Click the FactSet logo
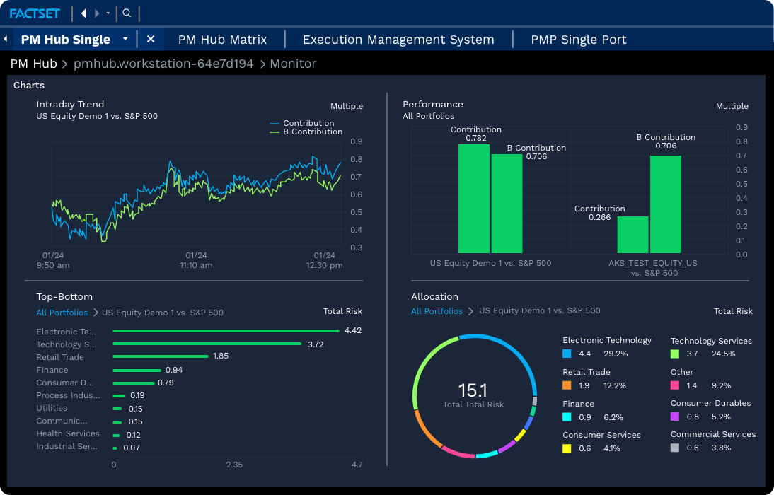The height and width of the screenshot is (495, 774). pyautogui.click(x=35, y=13)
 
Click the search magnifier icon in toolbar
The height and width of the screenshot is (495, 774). pyautogui.click(x=127, y=13)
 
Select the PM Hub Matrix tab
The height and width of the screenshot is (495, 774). pyautogui.click(x=222, y=40)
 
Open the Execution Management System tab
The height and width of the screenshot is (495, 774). pyautogui.click(x=398, y=40)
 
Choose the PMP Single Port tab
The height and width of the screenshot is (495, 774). pyautogui.click(x=579, y=40)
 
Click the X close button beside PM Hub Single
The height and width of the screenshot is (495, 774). pyautogui.click(x=151, y=40)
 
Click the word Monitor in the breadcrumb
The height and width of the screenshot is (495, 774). pyautogui.click(x=293, y=64)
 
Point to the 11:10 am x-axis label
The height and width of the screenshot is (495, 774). pyautogui.click(x=196, y=265)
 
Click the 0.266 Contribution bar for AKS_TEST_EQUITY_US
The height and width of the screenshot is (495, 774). pyautogui.click(x=633, y=235)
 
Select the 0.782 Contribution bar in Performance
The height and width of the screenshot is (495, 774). pyautogui.click(x=473, y=199)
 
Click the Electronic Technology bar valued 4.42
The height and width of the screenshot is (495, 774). pyautogui.click(x=226, y=331)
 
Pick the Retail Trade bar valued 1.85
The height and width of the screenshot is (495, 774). pyautogui.click(x=161, y=356)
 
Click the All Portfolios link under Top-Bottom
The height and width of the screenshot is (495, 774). pyautogui.click(x=62, y=313)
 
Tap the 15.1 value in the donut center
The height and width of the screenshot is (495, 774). pyautogui.click(x=473, y=390)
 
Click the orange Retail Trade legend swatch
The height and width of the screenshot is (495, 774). pyautogui.click(x=567, y=385)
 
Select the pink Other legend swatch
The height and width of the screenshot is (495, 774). pyautogui.click(x=675, y=385)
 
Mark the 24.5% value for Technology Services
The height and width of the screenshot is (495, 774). pyautogui.click(x=723, y=354)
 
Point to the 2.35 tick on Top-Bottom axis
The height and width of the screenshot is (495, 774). pyautogui.click(x=234, y=465)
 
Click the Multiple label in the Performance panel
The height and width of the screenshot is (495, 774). pyautogui.click(x=732, y=106)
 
